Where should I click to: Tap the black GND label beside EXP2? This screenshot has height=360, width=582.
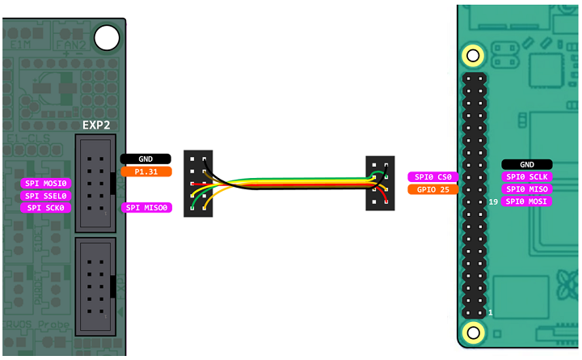coord(145,159)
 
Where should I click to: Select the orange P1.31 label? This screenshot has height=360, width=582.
coord(145,172)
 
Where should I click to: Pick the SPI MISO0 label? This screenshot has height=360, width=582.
coord(147,208)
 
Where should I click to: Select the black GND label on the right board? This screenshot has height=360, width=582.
coord(526,164)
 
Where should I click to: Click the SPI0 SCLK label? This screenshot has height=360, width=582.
coord(526,176)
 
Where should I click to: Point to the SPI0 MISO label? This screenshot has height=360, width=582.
coord(526,188)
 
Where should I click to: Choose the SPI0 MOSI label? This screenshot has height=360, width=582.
coord(526,201)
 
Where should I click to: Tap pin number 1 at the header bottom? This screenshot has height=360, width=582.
coord(491,311)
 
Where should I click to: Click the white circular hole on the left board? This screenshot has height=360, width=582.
coord(106,36)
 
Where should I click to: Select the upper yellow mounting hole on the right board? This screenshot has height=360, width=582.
coord(473,56)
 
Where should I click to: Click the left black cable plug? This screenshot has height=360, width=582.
coord(198,182)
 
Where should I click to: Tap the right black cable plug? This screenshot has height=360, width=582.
coord(380,183)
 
